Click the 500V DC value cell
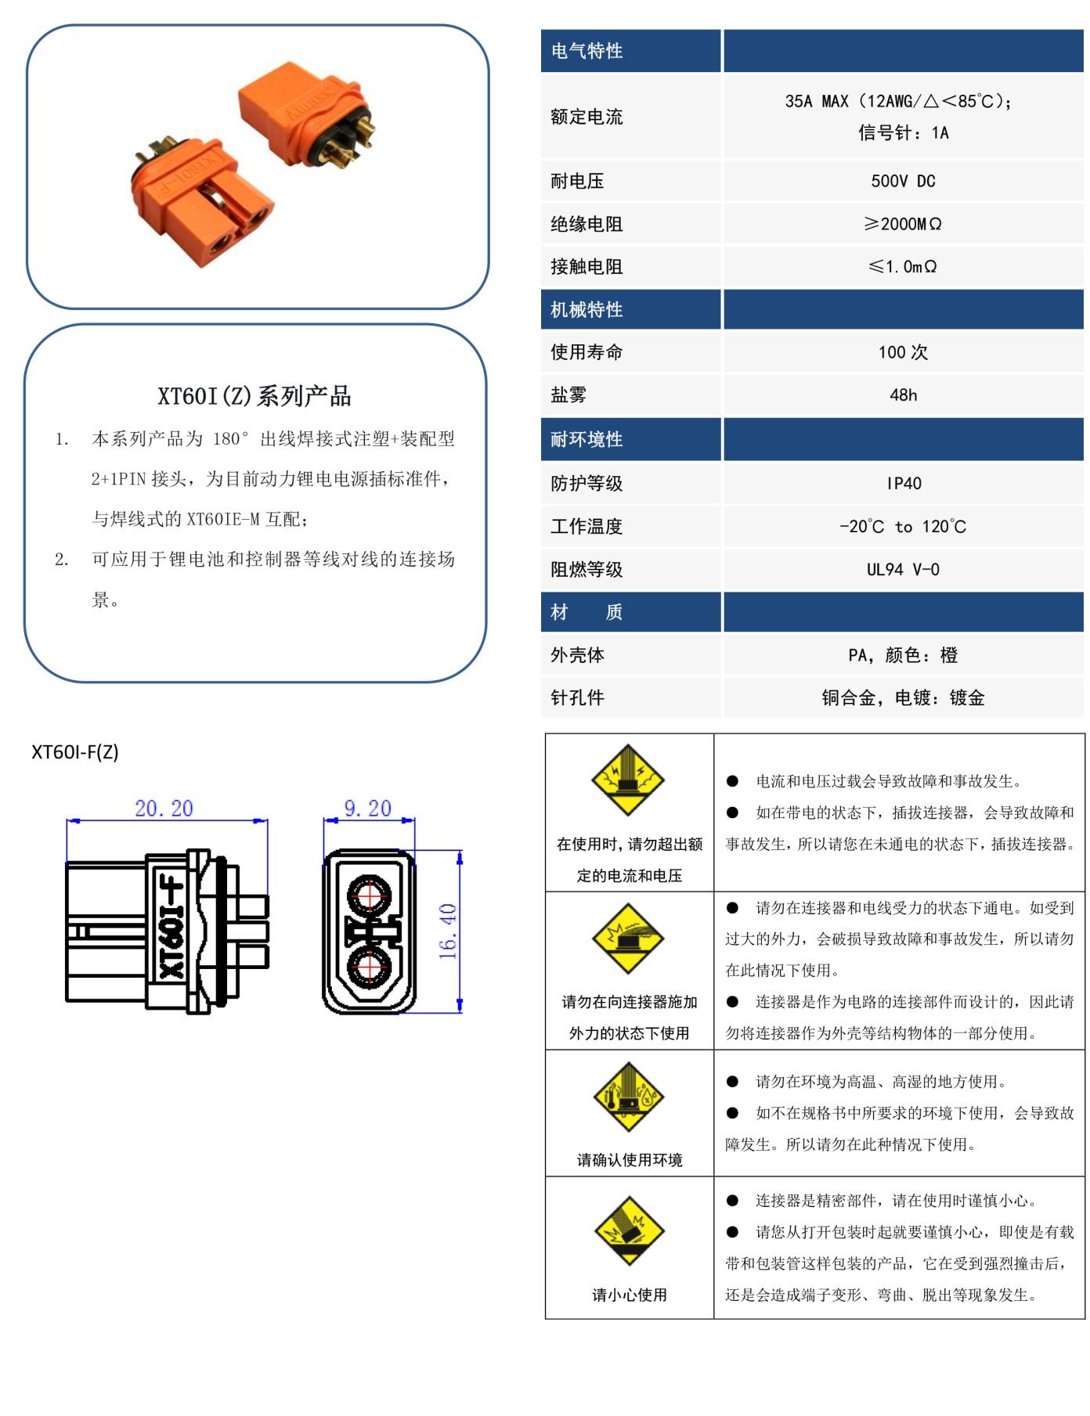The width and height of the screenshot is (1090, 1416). (x=903, y=182)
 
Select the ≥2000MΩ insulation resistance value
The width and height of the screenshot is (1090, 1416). (x=903, y=225)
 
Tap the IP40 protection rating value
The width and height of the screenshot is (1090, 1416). (x=904, y=484)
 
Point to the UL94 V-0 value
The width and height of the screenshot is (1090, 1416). (x=903, y=570)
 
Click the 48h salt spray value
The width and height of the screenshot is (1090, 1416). (x=903, y=395)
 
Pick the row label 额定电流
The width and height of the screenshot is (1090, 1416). (x=587, y=117)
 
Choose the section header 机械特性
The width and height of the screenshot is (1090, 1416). (x=587, y=310)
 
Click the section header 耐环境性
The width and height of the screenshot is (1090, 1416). (x=587, y=440)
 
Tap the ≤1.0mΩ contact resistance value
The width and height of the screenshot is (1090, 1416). (x=903, y=267)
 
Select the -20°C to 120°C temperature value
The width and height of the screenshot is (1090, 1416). (x=903, y=527)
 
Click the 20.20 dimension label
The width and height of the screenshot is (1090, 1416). (x=164, y=809)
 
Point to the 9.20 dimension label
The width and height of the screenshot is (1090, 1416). (x=368, y=809)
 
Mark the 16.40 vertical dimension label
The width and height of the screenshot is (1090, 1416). (x=448, y=931)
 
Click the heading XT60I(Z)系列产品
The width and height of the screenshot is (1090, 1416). (x=254, y=396)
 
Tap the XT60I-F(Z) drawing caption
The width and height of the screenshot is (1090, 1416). (x=75, y=752)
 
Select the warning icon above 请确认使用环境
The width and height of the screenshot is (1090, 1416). (x=629, y=1097)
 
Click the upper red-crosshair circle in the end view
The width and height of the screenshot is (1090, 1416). (x=370, y=895)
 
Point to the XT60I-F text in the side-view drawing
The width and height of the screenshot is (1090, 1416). (x=170, y=929)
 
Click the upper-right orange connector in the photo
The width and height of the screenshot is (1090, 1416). (x=305, y=113)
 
